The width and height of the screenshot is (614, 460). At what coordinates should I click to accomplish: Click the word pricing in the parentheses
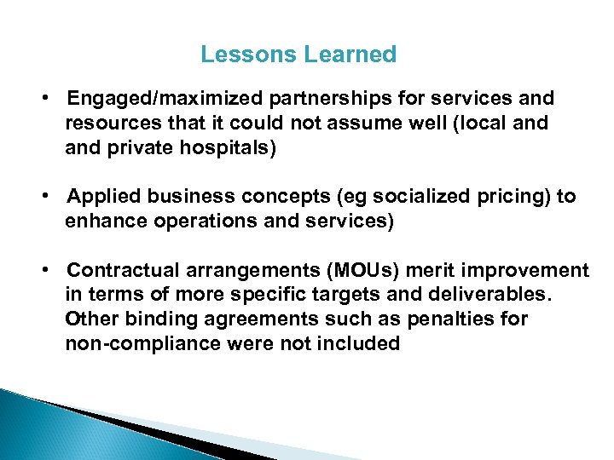(x=514, y=197)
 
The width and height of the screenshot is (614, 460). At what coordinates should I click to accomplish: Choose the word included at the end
(x=361, y=344)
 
